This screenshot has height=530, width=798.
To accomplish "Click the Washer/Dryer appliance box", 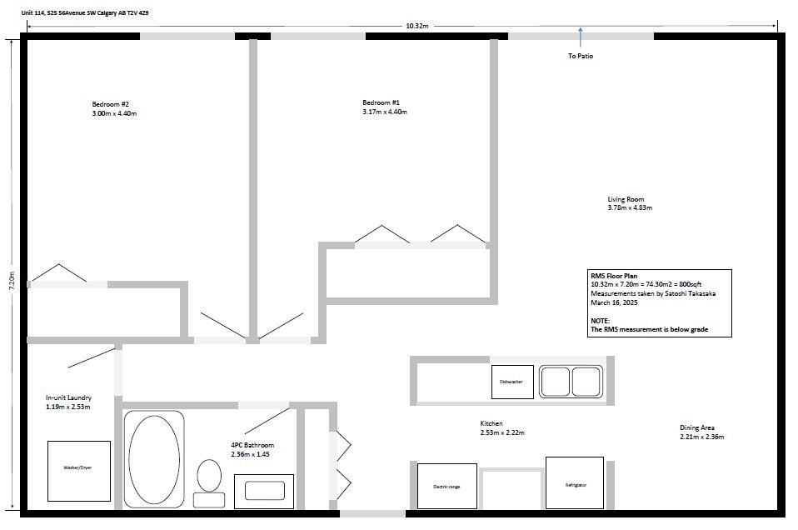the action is coord(79,471).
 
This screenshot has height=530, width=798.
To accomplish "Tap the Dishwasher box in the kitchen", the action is coord(512,382).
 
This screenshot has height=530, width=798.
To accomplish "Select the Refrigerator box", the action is coord(575,482).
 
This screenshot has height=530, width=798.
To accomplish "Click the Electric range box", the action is coord(446,486).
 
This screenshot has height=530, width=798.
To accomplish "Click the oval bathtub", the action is coord(154,458).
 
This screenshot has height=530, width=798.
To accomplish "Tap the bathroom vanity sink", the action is coord(264,492).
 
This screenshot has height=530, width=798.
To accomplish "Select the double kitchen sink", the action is coord(571,382).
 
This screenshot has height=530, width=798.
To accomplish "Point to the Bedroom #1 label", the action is coord(382,102).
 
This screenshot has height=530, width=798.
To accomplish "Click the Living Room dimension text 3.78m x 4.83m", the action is coord(630,207).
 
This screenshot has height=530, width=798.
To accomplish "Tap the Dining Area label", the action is coord(697,427).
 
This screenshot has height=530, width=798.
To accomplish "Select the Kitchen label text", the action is coord(491,423).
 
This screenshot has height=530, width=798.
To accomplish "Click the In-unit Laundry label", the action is coord(68,397).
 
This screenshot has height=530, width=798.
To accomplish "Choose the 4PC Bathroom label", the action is coord(252,445).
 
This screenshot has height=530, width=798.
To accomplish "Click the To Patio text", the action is coord(581,56).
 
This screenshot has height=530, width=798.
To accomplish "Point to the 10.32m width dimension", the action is coord(416,26).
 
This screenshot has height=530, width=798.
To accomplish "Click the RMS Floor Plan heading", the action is coord(614,276).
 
